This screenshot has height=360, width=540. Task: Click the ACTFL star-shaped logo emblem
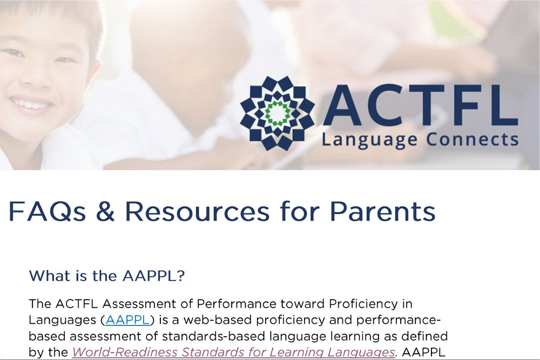point(277,113)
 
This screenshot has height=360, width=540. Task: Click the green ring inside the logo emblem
point(277,113)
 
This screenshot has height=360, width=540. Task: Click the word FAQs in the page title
point(47,212)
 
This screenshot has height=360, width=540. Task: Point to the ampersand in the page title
point(105,212)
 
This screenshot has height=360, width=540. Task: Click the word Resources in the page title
point(197,212)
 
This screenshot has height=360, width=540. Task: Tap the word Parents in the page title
point(382,212)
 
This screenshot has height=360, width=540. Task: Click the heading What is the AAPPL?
point(107,276)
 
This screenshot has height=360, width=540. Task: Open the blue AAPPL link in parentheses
point(127,320)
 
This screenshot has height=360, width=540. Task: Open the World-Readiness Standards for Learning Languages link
point(233,352)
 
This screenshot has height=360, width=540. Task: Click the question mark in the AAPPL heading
point(181,276)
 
